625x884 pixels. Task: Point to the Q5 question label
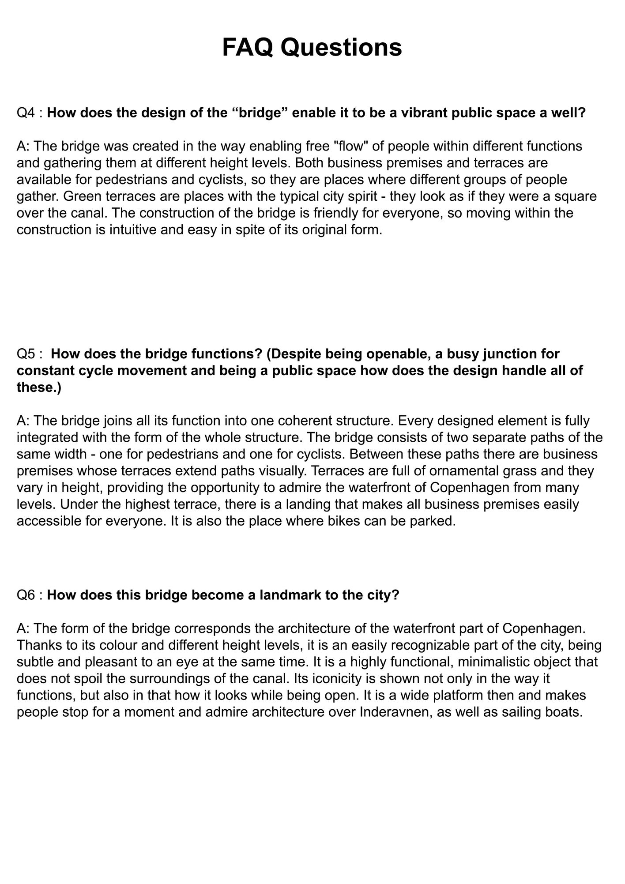[26, 354]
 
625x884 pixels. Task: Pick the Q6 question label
[26, 595]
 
